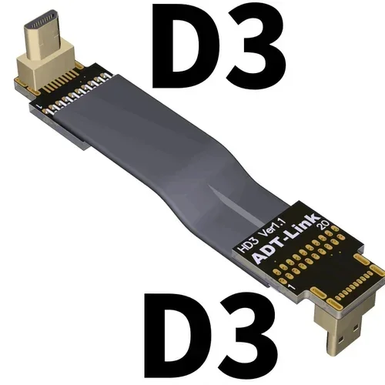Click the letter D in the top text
pos(199,45)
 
